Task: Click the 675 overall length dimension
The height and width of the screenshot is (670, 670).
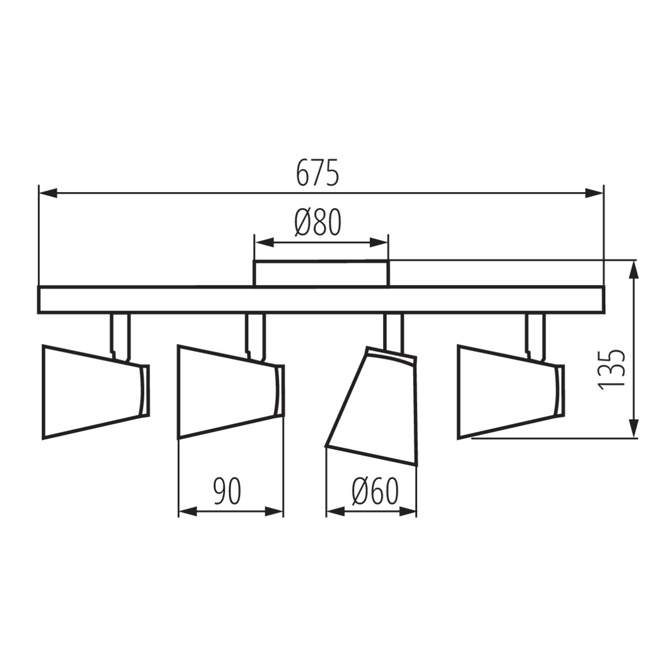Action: (x=317, y=173)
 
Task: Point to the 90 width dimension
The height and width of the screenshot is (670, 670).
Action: (x=227, y=491)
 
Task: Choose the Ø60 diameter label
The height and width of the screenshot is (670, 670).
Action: (x=375, y=492)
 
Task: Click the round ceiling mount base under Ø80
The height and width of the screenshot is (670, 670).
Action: (x=321, y=273)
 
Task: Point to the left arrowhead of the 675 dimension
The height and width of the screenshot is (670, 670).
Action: (x=47, y=193)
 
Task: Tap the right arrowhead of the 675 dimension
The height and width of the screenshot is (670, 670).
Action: (x=595, y=193)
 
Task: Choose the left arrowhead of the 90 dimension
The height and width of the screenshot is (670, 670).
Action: (x=188, y=511)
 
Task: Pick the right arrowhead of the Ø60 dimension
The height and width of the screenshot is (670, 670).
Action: (x=408, y=511)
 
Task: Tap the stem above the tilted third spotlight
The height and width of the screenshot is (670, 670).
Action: (x=394, y=332)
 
